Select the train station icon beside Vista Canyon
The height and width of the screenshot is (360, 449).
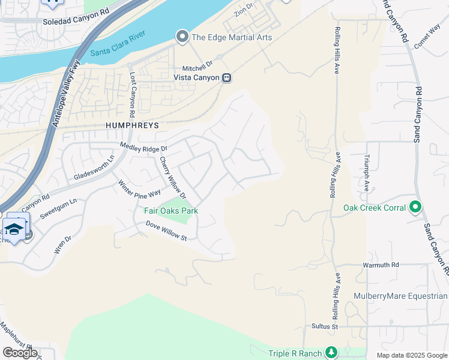tap(227, 77)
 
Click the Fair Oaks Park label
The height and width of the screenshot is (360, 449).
tap(171, 211)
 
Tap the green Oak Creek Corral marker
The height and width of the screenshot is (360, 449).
tap(415, 208)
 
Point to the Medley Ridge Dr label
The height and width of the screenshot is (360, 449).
tap(143, 146)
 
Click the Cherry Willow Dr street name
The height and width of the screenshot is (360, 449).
tap(173, 178)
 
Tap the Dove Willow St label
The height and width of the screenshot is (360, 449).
tap(167, 231)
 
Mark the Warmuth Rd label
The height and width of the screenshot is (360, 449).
tap(381, 265)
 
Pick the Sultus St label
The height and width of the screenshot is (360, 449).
tap(325, 326)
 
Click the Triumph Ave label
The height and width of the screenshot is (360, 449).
tap(366, 173)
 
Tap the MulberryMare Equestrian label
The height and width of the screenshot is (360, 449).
tap(408, 296)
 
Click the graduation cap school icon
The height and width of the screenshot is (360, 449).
tap(14, 229)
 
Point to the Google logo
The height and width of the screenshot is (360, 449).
tap(20, 353)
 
